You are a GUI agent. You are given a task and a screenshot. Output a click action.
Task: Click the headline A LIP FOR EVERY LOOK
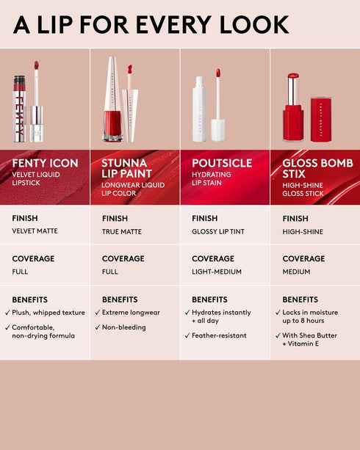click(x=151, y=24)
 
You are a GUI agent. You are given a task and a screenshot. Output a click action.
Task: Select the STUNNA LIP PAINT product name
click(x=125, y=168)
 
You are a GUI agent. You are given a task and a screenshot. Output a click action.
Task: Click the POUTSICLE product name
click(x=222, y=163)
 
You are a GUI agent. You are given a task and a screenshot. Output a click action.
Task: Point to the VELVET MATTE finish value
click(x=35, y=231)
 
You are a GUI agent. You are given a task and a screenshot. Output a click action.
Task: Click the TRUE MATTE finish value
click(x=122, y=231)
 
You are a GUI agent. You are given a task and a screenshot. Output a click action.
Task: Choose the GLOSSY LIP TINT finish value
click(x=218, y=231)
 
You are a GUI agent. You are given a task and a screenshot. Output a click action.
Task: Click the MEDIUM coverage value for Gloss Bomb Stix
click(x=296, y=272)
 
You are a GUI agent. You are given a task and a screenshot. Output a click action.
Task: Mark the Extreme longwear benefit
click(x=132, y=313)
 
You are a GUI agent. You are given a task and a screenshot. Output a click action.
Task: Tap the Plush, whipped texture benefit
click(x=48, y=313)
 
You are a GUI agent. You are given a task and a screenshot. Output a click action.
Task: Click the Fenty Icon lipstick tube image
click(x=20, y=110)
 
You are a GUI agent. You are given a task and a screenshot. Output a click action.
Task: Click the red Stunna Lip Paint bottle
click(x=112, y=121)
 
